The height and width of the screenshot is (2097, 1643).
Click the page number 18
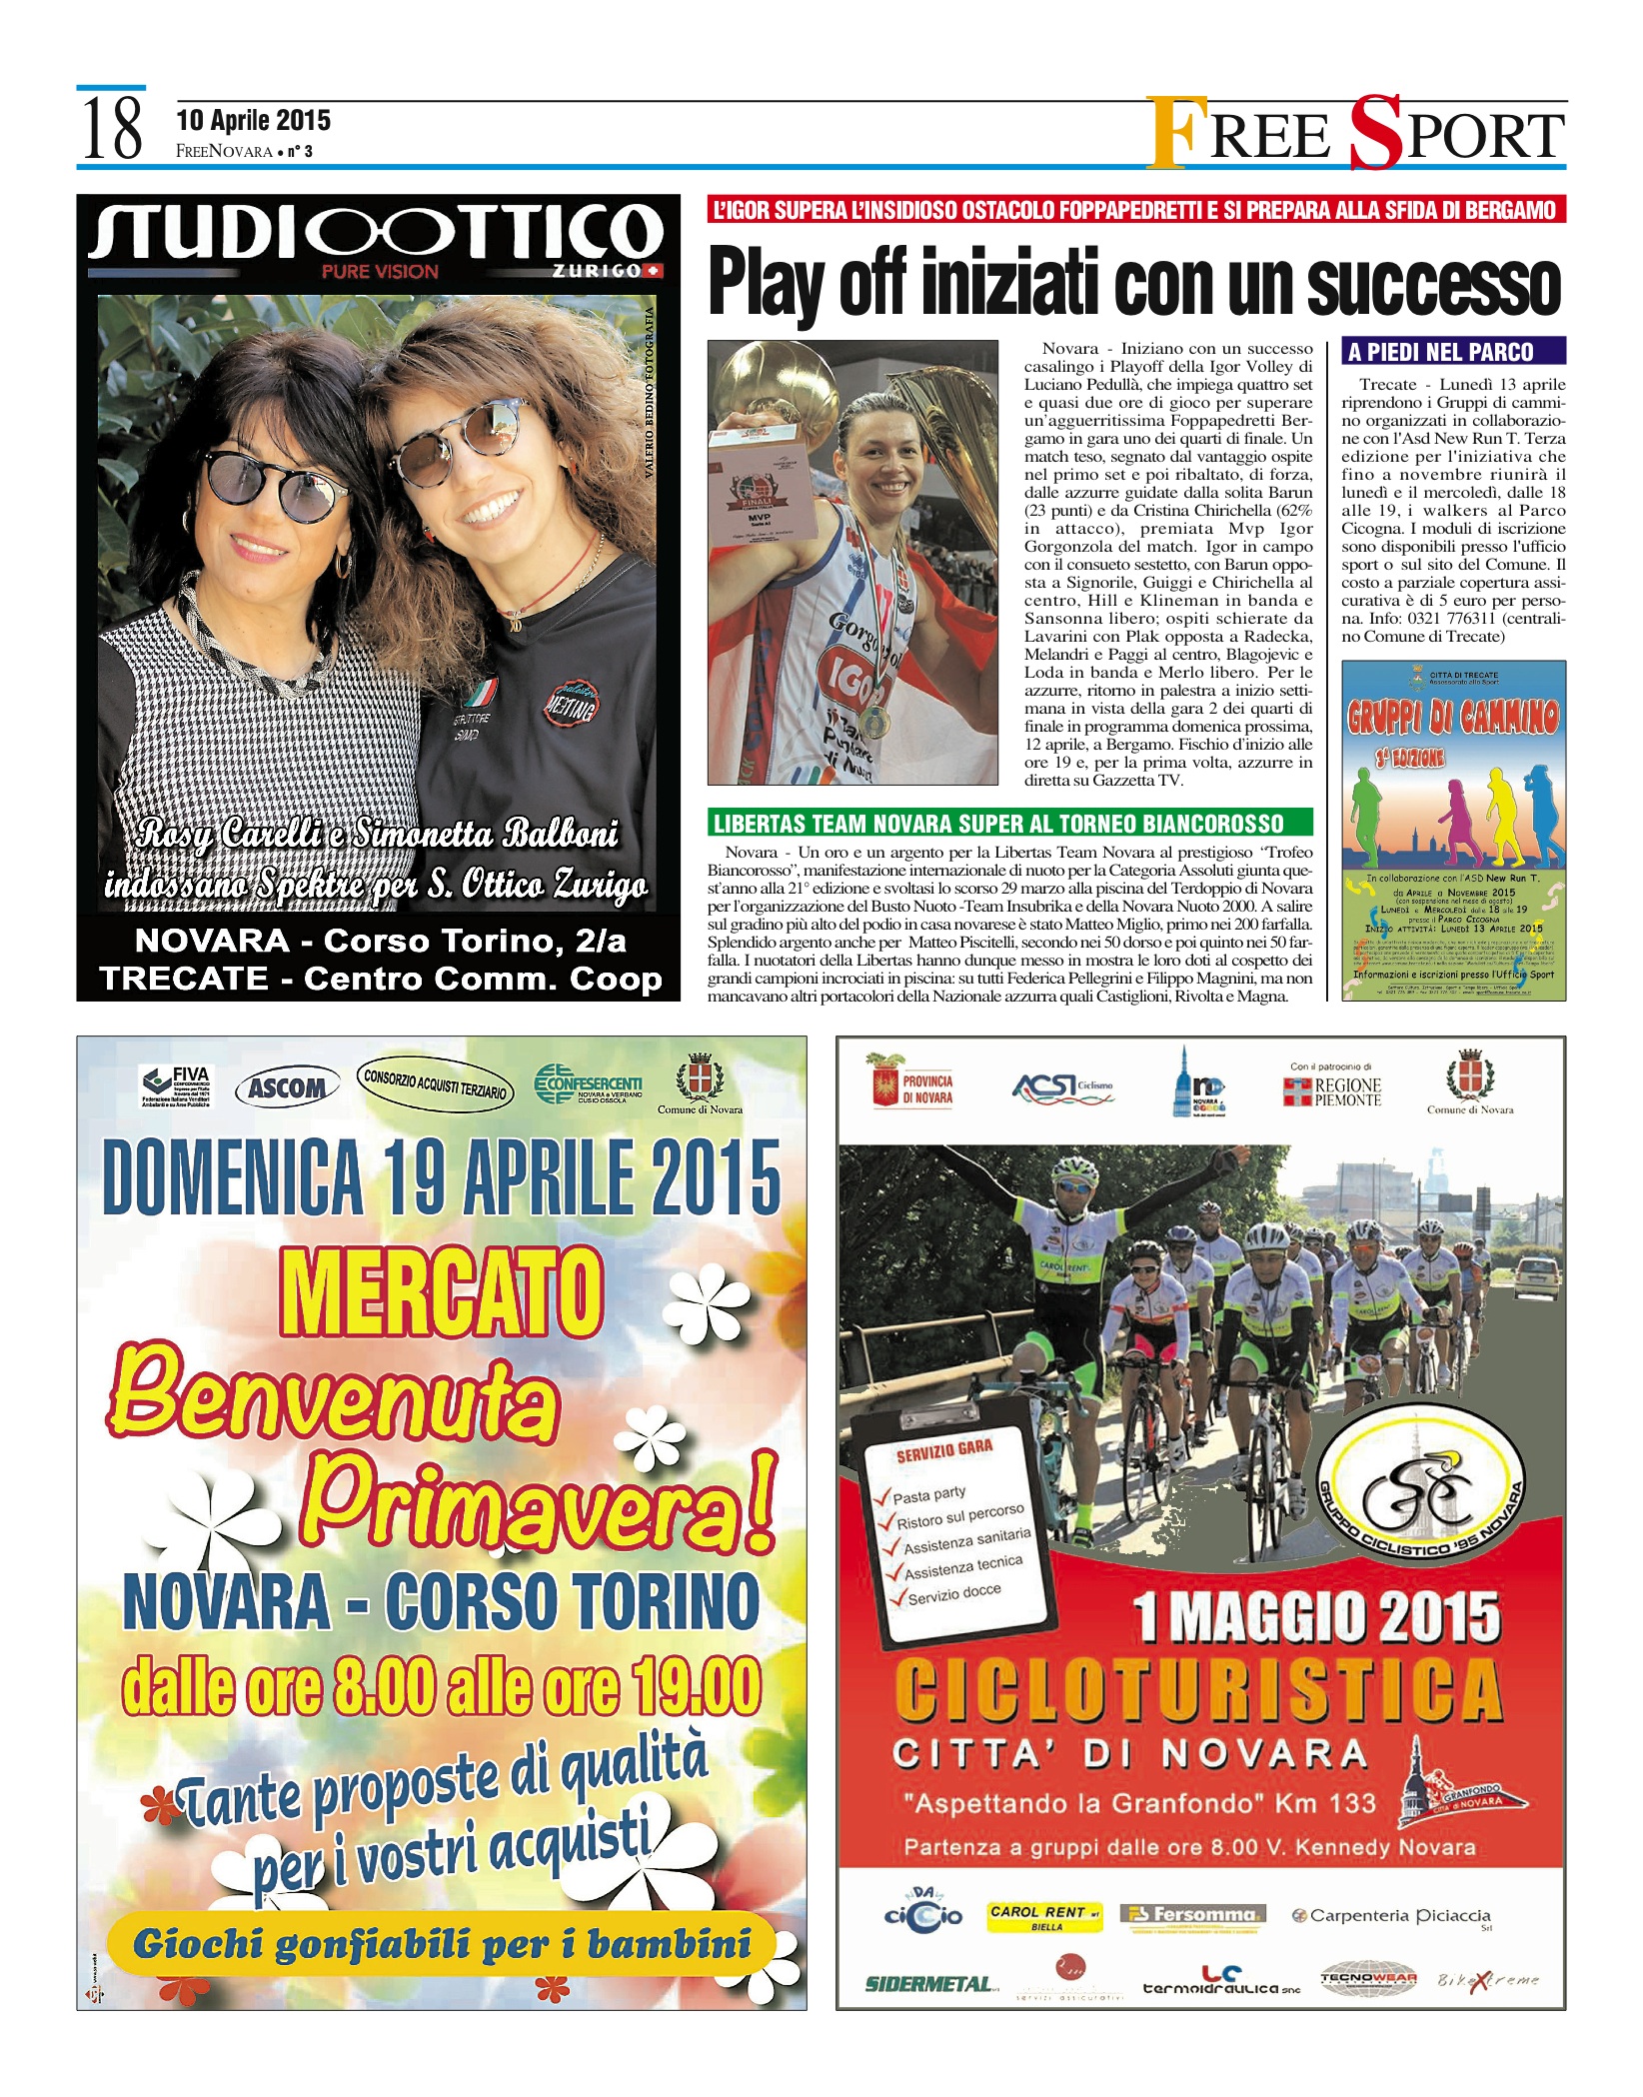pyautogui.click(x=111, y=130)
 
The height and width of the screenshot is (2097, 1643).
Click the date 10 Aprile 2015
pyautogui.click(x=253, y=121)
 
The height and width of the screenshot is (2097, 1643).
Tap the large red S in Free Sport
pyautogui.click(x=1375, y=134)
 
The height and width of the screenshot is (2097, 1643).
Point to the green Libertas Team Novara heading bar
pyautogui.click(x=1009, y=823)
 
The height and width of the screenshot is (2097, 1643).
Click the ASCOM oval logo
pyautogui.click(x=287, y=1087)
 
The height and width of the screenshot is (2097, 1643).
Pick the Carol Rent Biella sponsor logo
pyautogui.click(x=1044, y=1915)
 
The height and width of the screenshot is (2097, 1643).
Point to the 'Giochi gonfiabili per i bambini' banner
pyautogui.click(x=441, y=1944)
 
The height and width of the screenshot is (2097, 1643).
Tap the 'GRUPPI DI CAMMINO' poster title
pyautogui.click(x=1453, y=716)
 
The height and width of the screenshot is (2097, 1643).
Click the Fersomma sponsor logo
pyautogui.click(x=1193, y=1915)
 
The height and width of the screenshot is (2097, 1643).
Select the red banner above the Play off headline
pyautogui.click(x=1136, y=210)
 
